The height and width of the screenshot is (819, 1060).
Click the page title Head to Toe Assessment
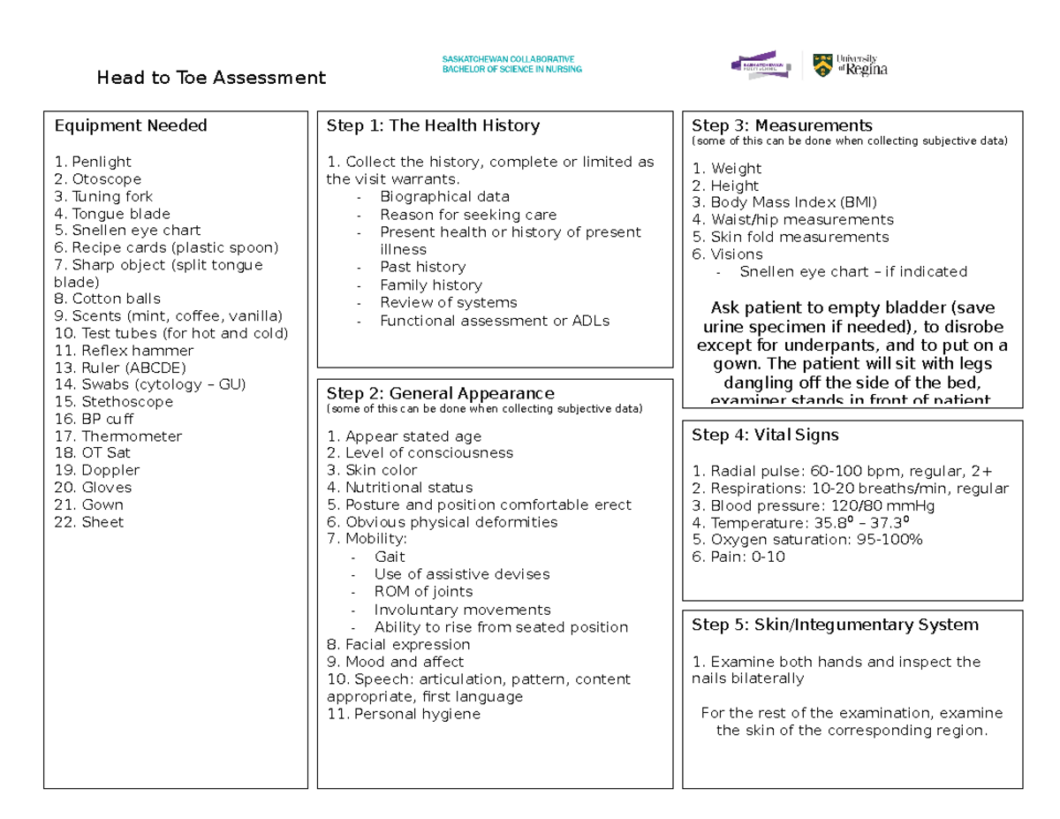click(x=211, y=79)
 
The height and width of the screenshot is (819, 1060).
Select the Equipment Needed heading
click(x=131, y=126)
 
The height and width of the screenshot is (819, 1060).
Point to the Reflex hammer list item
click(x=124, y=351)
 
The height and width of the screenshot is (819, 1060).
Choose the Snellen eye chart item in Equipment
click(x=127, y=231)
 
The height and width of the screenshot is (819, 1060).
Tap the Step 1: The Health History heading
click(x=433, y=126)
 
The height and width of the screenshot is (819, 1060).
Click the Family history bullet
click(x=431, y=285)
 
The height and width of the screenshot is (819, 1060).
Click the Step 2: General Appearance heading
click(x=440, y=393)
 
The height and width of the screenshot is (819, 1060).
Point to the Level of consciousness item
click(x=420, y=453)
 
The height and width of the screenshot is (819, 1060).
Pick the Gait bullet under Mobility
click(x=390, y=557)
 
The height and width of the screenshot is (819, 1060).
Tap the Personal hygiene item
click(x=404, y=714)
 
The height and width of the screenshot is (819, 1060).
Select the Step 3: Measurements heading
click(x=782, y=125)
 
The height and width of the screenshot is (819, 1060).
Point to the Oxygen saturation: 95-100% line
click(x=807, y=540)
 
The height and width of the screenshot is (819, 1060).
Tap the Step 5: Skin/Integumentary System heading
click(x=835, y=626)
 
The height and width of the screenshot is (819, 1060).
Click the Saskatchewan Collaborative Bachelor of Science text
click(x=511, y=64)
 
